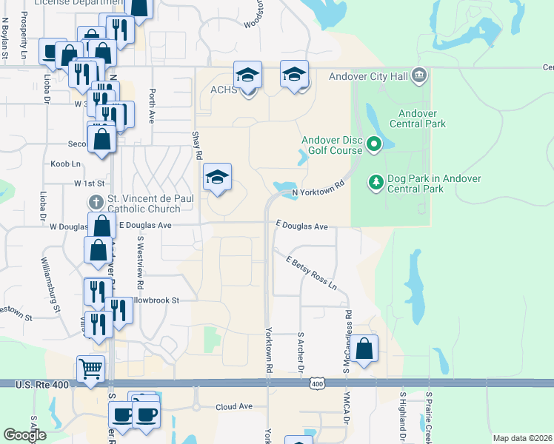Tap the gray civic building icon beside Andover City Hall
419,75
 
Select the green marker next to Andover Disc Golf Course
374,144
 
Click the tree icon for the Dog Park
376,181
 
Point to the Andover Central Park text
422,118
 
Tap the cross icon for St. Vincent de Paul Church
95,201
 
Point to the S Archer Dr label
301,352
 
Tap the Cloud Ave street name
234,407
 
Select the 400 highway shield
317,383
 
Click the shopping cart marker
90,369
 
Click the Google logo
24,435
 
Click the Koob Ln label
65,164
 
